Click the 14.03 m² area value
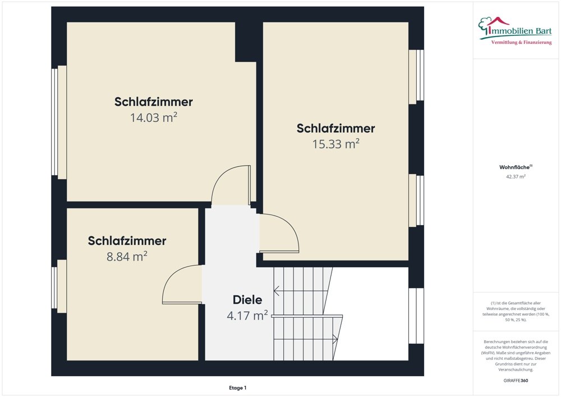click(153, 117)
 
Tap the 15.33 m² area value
click(335, 144)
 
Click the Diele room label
click(247, 300)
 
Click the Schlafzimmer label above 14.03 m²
click(153, 102)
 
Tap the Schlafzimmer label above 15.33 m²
click(335, 128)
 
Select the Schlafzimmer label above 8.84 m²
click(127, 241)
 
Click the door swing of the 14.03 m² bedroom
click(231, 185)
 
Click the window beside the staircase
click(416, 316)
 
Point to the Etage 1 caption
click(237, 387)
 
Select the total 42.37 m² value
click(516, 176)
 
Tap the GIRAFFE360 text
click(516, 381)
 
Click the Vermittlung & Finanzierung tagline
click(521, 43)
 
